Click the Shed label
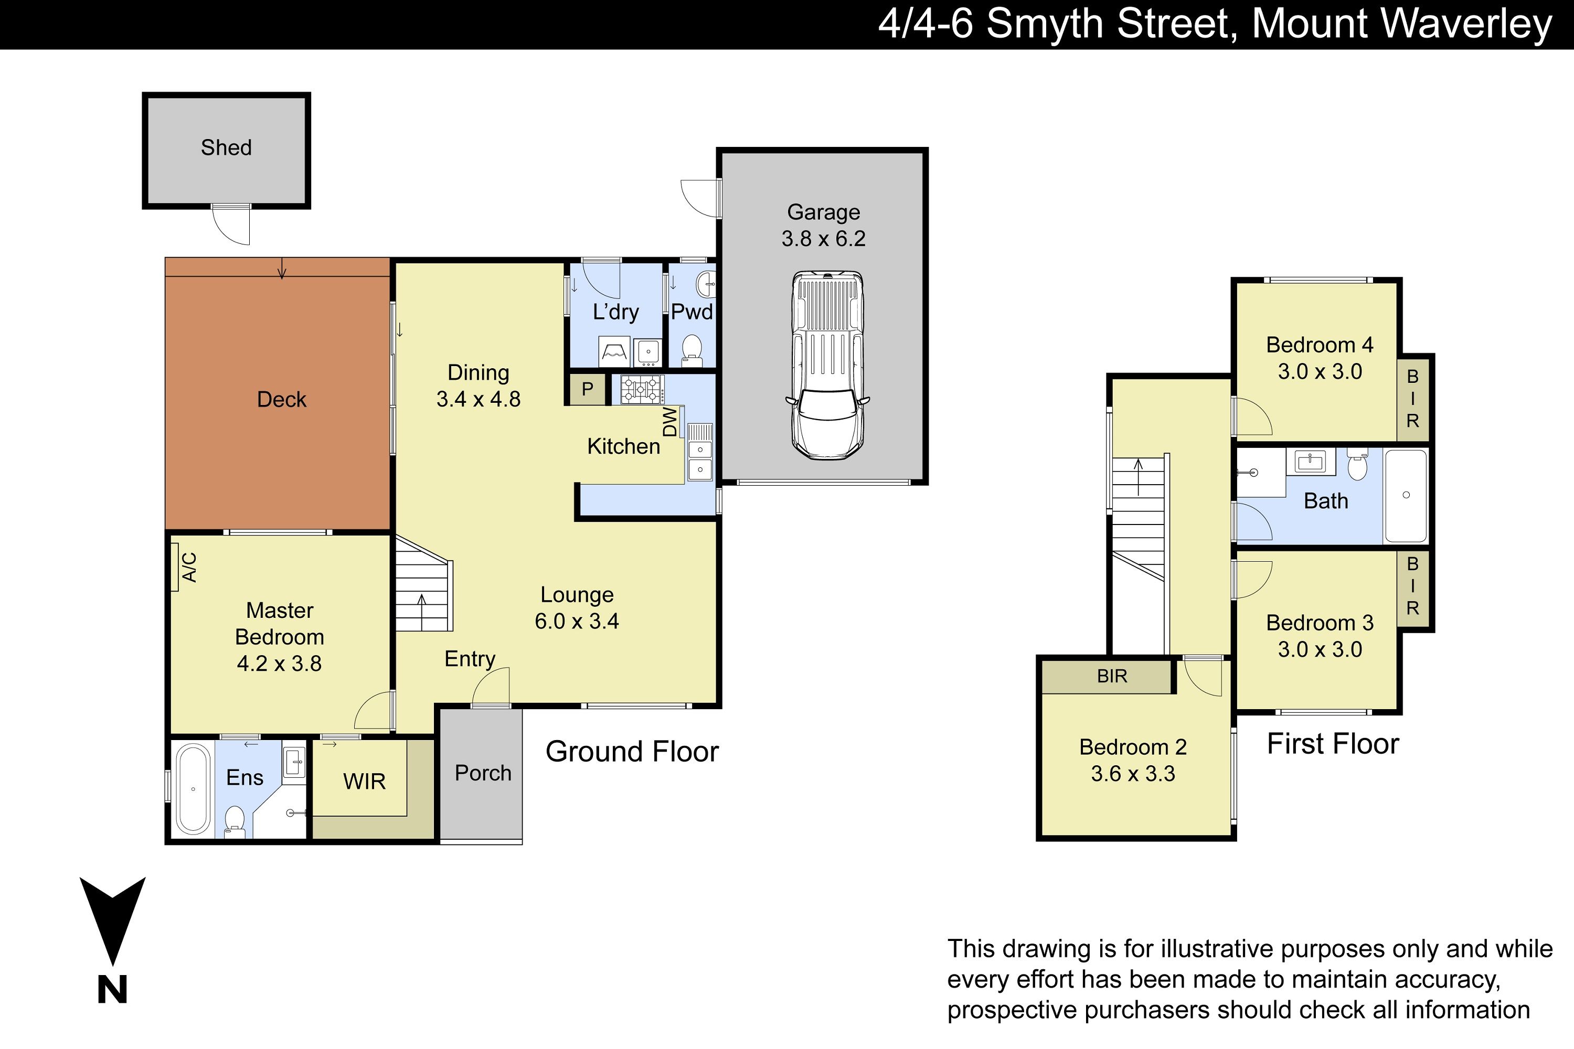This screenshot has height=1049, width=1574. [x=226, y=148]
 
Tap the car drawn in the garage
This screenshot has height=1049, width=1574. [x=827, y=365]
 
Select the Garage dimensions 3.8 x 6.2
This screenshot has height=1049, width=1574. [x=823, y=239]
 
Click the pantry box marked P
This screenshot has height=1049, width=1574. [x=587, y=389]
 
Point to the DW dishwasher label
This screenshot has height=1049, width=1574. [x=670, y=422]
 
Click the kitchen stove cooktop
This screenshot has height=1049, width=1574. [x=642, y=389]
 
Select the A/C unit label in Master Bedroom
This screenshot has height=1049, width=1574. [x=190, y=568]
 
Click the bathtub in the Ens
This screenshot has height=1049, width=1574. [x=193, y=789]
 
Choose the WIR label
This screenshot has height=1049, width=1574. [x=364, y=782]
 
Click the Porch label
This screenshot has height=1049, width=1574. [x=483, y=773]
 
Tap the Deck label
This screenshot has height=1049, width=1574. [x=282, y=399]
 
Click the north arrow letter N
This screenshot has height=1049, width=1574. [x=112, y=989]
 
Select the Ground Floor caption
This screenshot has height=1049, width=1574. [x=632, y=752]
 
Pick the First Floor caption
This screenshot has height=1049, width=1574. [x=1333, y=744]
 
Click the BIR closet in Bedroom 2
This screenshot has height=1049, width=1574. [x=1108, y=677]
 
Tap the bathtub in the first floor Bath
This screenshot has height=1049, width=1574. [x=1406, y=495]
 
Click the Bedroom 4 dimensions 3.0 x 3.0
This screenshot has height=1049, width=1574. [x=1320, y=372]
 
